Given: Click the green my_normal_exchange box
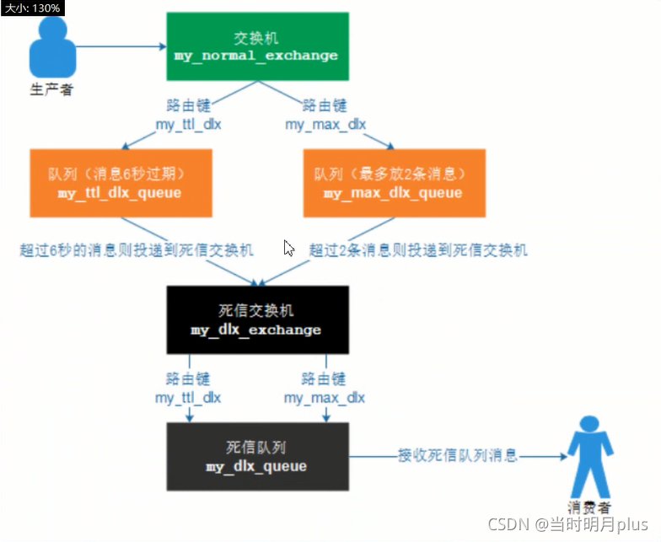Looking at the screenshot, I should [256, 47].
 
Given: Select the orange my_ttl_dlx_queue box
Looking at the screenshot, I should [120, 183].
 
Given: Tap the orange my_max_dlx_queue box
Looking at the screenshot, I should [393, 183].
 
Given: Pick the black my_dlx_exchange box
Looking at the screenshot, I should [256, 319].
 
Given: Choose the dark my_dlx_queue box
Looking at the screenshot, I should [256, 456].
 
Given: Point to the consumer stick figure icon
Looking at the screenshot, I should [588, 460].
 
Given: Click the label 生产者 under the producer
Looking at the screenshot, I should [51, 89].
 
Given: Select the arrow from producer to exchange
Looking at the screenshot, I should [119, 46].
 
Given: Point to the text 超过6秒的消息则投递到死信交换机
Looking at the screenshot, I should [137, 250].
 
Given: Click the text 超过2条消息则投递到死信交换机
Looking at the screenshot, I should [418, 250].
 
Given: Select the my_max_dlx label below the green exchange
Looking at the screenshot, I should [325, 125].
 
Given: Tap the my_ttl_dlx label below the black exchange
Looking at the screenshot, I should [188, 397].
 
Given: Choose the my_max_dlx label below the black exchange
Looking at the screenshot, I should [325, 397].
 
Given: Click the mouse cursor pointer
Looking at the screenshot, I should [288, 248].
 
